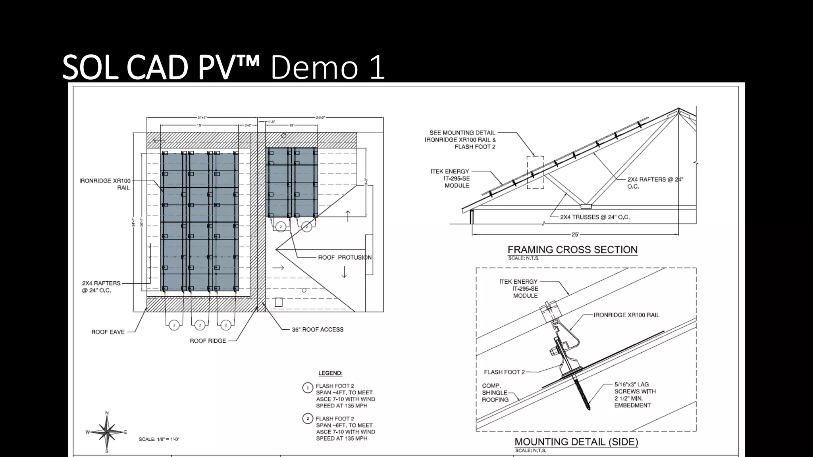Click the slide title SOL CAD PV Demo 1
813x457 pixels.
pyautogui.click(x=223, y=67)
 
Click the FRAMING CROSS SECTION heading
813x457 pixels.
pyautogui.click(x=572, y=250)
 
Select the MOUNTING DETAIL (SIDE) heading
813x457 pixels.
pyautogui.click(x=576, y=442)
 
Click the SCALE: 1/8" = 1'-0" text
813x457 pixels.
pyautogui.click(x=159, y=440)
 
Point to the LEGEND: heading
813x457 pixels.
pyautogui.click(x=330, y=373)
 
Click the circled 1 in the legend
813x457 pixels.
pyautogui.click(x=308, y=388)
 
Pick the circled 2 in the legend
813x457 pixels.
pyautogui.click(x=308, y=419)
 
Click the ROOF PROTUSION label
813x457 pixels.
pyautogui.click(x=345, y=257)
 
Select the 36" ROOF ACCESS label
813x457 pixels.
pyautogui.click(x=318, y=330)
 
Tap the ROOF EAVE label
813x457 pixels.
pyautogui.click(x=108, y=332)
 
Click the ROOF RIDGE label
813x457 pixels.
pyautogui.click(x=208, y=341)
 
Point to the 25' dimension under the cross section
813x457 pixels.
pyautogui.click(x=575, y=234)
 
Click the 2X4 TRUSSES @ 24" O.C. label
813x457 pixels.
pyautogui.click(x=595, y=217)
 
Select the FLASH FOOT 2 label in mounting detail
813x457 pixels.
pyautogui.click(x=504, y=372)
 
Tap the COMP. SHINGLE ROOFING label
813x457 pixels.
pyautogui.click(x=495, y=393)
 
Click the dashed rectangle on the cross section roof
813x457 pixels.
pyautogui.click(x=535, y=172)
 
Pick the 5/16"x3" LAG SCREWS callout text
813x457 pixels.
pyautogui.click(x=635, y=395)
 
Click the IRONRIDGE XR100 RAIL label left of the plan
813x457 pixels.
pyautogui.click(x=105, y=184)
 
